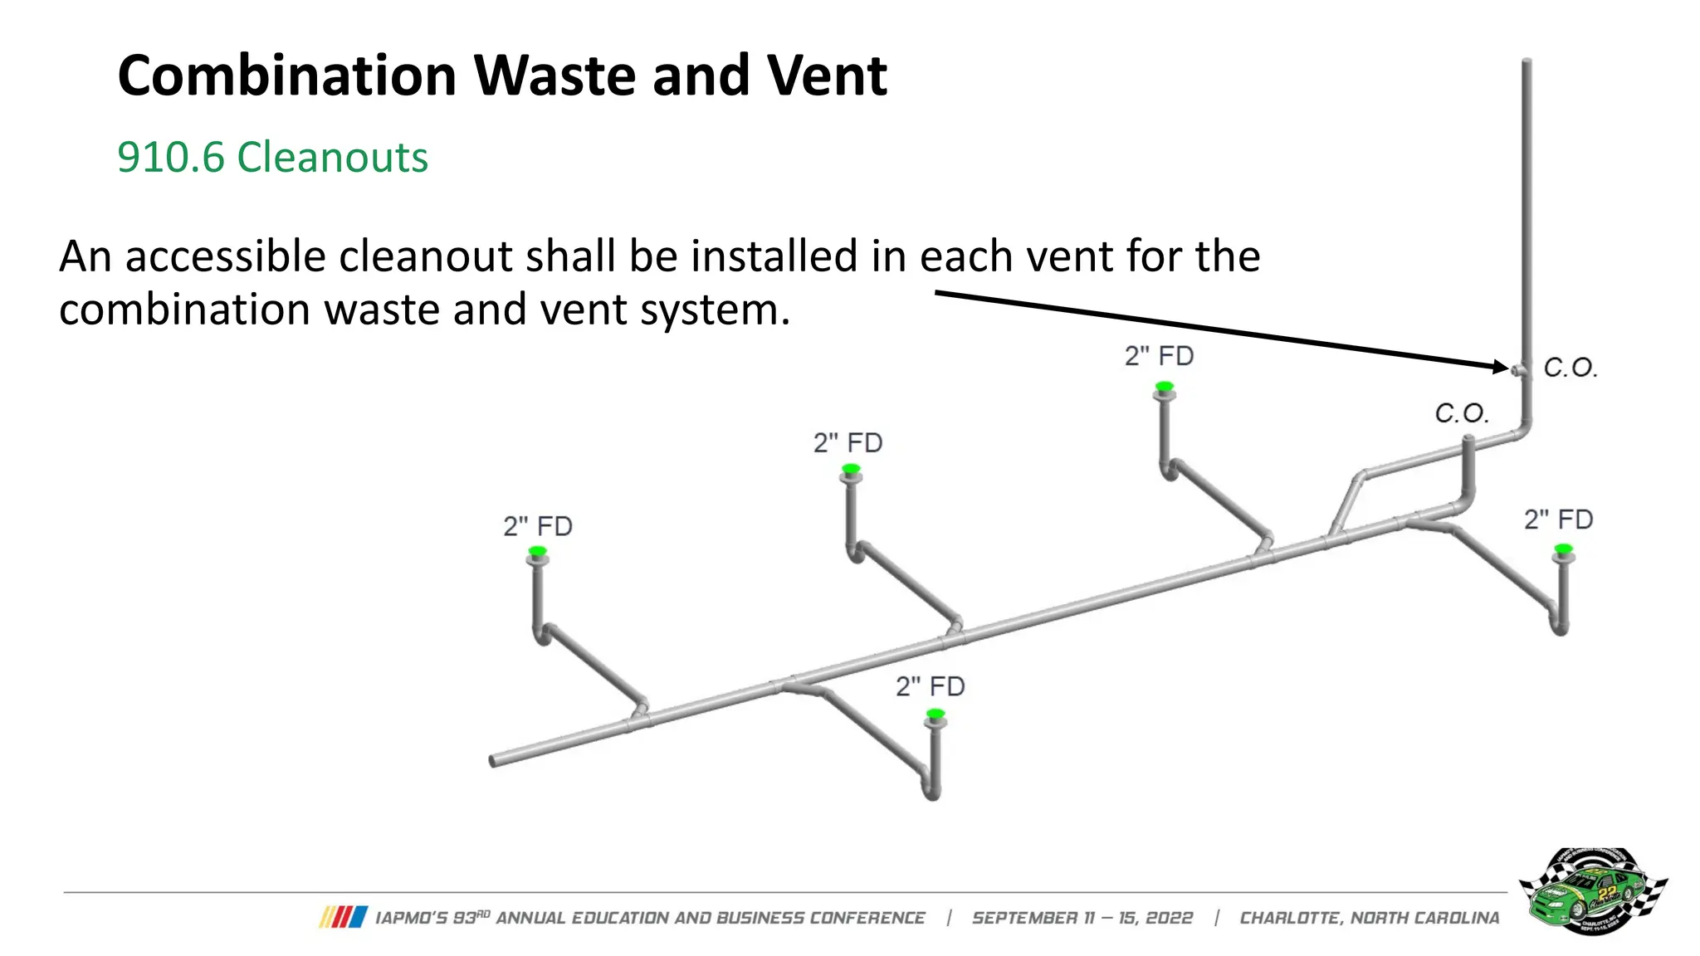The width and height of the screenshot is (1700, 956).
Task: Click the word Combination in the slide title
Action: (x=286, y=76)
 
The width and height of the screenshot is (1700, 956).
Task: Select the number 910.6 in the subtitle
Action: (x=170, y=157)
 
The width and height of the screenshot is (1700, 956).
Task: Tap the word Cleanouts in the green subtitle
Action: (x=332, y=157)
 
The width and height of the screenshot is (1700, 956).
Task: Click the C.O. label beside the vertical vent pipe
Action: (x=1570, y=368)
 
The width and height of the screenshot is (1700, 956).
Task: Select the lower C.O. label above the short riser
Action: (x=1461, y=413)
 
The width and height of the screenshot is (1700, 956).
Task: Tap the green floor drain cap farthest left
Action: (x=538, y=551)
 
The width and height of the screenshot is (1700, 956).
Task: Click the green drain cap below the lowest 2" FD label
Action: (x=935, y=714)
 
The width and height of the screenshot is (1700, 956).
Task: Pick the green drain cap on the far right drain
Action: (x=1564, y=549)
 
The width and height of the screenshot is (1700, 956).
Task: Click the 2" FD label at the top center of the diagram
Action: (x=1159, y=356)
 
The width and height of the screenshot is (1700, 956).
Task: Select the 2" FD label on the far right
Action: (x=1558, y=519)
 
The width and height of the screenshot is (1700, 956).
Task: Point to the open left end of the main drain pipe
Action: (x=494, y=761)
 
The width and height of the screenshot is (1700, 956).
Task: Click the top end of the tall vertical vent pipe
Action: (x=1526, y=62)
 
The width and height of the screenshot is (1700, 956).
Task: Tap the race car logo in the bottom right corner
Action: (x=1592, y=891)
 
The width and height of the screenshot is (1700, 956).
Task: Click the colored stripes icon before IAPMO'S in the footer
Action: (x=343, y=917)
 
